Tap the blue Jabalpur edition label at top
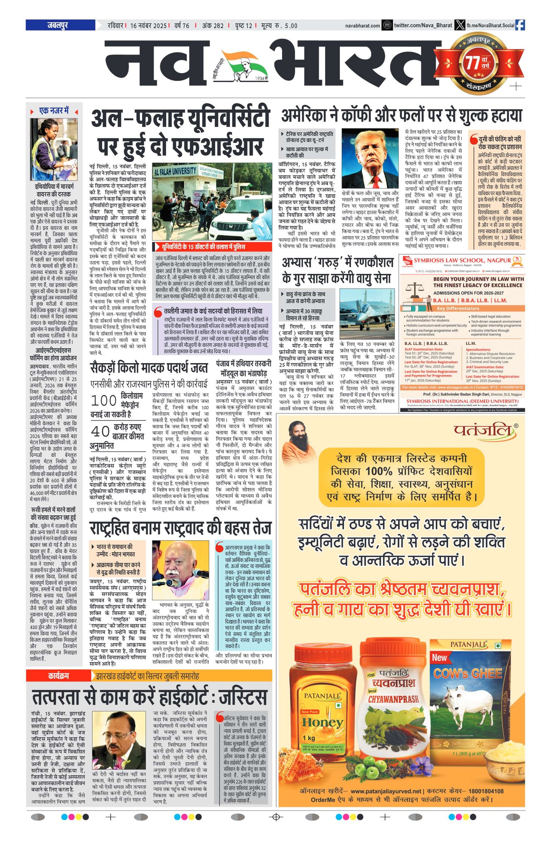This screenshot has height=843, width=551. [x=60, y=25]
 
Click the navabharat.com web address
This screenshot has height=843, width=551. [x=363, y=26]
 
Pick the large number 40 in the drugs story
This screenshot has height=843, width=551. [x=100, y=431]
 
